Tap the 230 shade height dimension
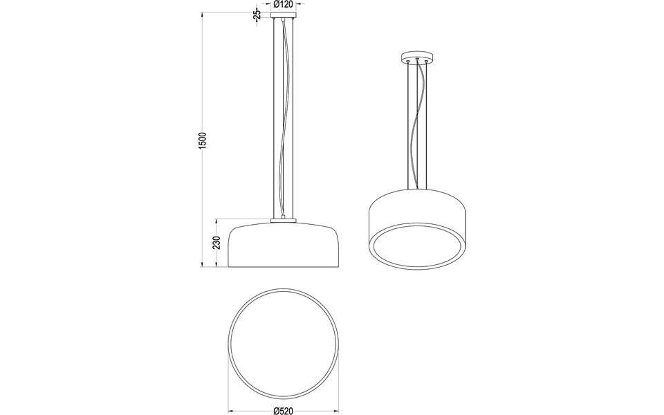(x=216, y=243)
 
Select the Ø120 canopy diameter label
(x=284, y=4)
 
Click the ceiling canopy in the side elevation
(x=284, y=15)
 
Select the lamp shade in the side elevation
(x=284, y=246)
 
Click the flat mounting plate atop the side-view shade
(x=284, y=221)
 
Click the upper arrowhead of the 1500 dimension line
(x=202, y=14)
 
